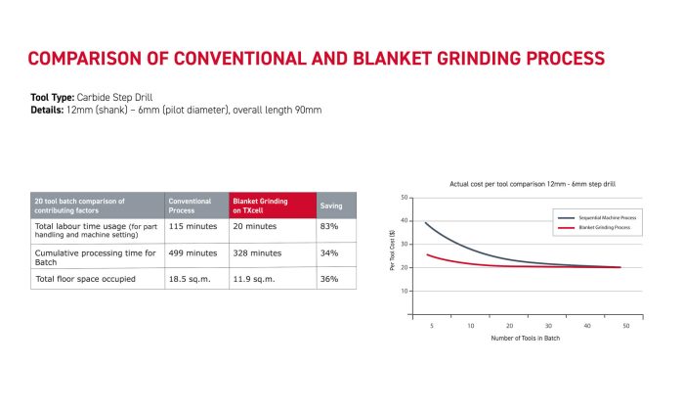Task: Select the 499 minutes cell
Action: [x=192, y=252]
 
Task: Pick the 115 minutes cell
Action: [x=192, y=227]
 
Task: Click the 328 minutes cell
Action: [x=254, y=252]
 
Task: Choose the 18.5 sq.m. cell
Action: [x=190, y=279]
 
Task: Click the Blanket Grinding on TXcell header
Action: [x=260, y=205]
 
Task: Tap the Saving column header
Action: [x=332, y=205]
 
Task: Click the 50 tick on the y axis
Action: [x=404, y=198]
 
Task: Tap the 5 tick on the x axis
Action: [x=431, y=326]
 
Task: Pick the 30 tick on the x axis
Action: [x=548, y=326]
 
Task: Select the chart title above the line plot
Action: [x=518, y=184]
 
